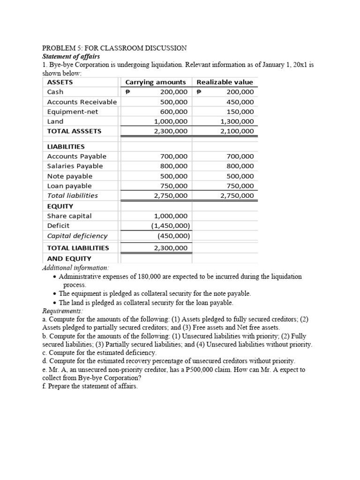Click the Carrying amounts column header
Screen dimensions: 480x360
point(155,82)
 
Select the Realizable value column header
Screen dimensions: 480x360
point(225,82)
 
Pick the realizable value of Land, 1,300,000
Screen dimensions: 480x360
point(237,121)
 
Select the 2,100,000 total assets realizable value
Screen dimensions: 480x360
point(237,131)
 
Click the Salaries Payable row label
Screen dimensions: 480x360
point(75,166)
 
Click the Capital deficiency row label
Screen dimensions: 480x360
point(77,236)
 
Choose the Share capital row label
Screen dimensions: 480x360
point(69,216)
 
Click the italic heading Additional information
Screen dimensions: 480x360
point(75,268)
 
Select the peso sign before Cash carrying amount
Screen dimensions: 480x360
point(127,92)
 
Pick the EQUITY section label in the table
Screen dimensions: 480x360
point(60,206)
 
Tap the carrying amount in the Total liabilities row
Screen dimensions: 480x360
point(171,195)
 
